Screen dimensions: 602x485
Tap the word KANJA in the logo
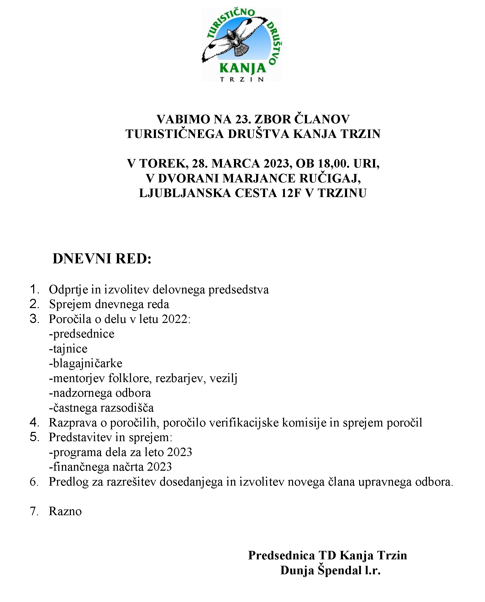(x=242, y=68)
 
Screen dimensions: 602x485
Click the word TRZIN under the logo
(x=242, y=79)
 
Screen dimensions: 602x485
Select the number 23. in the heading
(x=243, y=119)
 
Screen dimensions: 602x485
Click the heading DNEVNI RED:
(x=102, y=258)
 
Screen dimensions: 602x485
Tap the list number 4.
(x=34, y=422)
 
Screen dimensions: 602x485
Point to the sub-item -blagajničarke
(x=86, y=363)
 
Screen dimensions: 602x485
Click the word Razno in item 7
(x=65, y=511)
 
